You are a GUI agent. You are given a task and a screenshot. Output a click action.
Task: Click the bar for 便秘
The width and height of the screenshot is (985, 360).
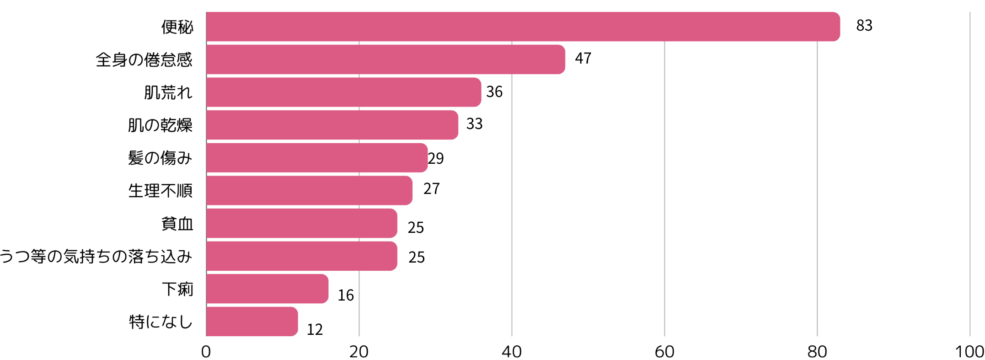click(x=523, y=27)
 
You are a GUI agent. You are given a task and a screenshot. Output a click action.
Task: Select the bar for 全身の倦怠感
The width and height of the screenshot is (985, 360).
click(x=385, y=59)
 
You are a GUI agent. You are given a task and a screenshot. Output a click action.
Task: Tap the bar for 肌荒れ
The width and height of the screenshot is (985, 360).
click(x=343, y=92)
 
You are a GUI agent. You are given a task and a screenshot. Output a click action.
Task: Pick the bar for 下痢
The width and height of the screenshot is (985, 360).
click(x=267, y=289)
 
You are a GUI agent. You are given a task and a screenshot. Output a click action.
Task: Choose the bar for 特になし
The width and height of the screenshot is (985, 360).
click(x=252, y=322)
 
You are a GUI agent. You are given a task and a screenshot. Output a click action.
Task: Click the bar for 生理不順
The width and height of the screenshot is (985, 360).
click(x=309, y=190)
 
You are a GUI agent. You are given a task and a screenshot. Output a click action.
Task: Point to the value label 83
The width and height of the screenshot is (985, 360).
click(x=864, y=26)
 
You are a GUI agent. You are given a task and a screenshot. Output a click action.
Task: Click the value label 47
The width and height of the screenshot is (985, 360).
click(x=583, y=59)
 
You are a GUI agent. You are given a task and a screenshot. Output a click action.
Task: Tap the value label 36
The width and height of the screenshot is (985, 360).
click(x=494, y=92)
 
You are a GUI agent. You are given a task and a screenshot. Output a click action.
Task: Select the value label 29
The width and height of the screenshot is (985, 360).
click(x=436, y=158)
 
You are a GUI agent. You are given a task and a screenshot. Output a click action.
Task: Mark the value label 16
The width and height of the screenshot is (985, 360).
click(x=346, y=296)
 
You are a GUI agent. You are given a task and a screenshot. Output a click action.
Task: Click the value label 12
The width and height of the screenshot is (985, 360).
click(x=315, y=329)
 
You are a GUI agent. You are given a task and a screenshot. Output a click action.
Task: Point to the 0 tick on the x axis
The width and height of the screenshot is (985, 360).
click(x=206, y=351)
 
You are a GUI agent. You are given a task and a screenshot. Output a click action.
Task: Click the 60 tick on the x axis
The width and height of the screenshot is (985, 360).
click(x=664, y=351)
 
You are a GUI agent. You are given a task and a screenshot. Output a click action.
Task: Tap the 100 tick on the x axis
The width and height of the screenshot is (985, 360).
click(x=969, y=351)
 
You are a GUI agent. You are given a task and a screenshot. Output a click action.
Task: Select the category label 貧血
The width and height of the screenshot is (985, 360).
click(x=177, y=224)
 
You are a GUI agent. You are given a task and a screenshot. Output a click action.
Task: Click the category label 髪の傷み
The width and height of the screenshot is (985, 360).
click(x=160, y=158)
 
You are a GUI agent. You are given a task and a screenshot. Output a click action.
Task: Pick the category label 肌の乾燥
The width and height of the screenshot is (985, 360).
click(x=160, y=125)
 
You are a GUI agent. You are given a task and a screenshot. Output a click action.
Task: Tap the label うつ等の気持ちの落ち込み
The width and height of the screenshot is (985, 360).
click(x=96, y=256)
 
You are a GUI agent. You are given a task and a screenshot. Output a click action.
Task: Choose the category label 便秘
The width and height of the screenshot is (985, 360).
click(x=177, y=27)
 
